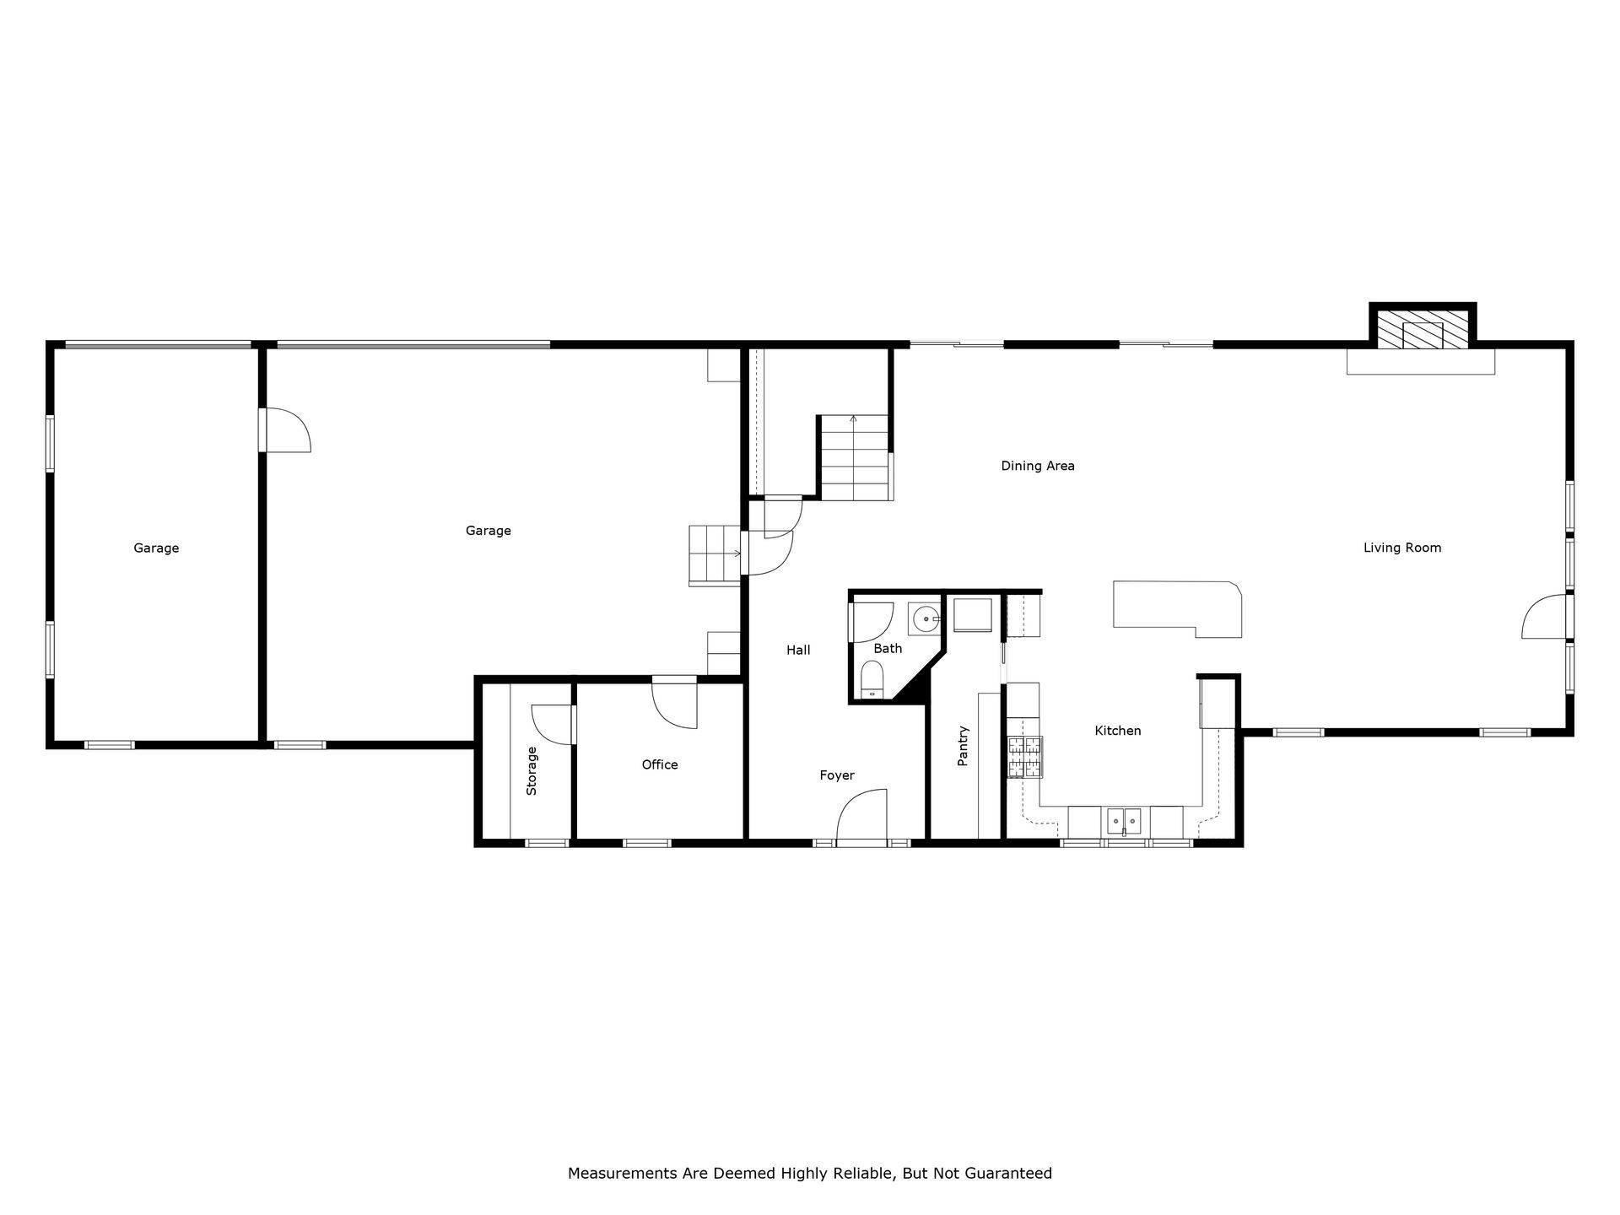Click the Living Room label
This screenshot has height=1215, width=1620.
point(1402,548)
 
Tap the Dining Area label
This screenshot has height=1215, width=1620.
point(1038,466)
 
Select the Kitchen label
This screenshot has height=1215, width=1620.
point(1118,731)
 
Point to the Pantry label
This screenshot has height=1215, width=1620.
point(963,746)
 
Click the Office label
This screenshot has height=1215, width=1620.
point(660,764)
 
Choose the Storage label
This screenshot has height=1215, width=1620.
point(532,771)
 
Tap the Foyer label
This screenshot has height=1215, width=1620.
point(837,775)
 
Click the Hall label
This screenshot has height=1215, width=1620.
point(798,650)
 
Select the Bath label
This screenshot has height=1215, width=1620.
point(888,648)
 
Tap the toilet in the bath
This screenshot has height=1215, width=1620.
point(872,679)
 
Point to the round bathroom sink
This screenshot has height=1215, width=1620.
point(926,619)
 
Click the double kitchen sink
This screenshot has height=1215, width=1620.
point(1124,819)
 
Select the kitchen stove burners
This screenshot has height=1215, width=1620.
point(1024,757)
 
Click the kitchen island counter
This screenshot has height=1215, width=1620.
point(1178,608)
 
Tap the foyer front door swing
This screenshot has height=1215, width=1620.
point(861,815)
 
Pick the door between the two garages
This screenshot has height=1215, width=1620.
point(285,430)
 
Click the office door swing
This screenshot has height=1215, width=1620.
point(675,705)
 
